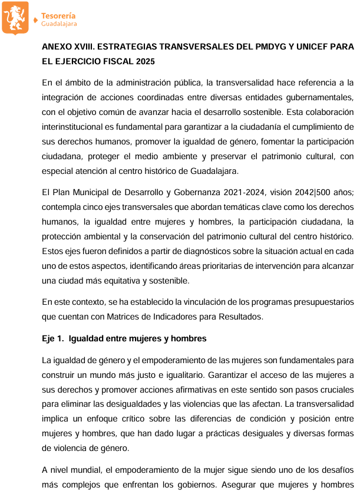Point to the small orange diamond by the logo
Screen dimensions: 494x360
pyautogui.click(x=37, y=19)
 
